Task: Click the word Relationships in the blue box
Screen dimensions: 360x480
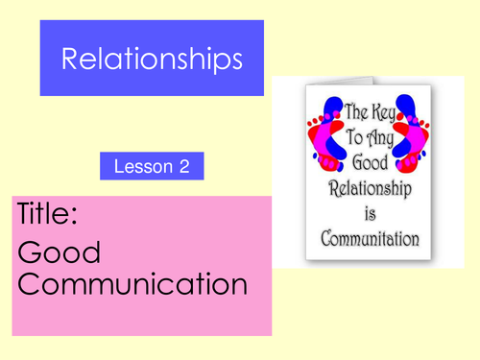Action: [x=152, y=60]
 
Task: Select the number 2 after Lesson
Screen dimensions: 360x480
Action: [x=183, y=167]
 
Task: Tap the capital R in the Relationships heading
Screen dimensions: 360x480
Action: [x=69, y=60]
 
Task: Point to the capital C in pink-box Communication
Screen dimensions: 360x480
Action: [x=29, y=284]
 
